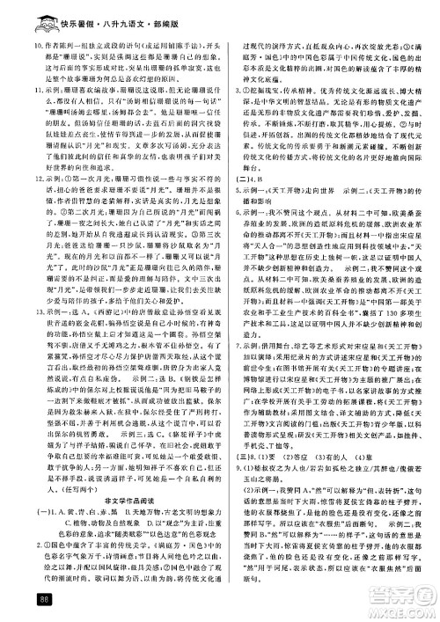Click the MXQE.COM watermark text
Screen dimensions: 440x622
(400, 608)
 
